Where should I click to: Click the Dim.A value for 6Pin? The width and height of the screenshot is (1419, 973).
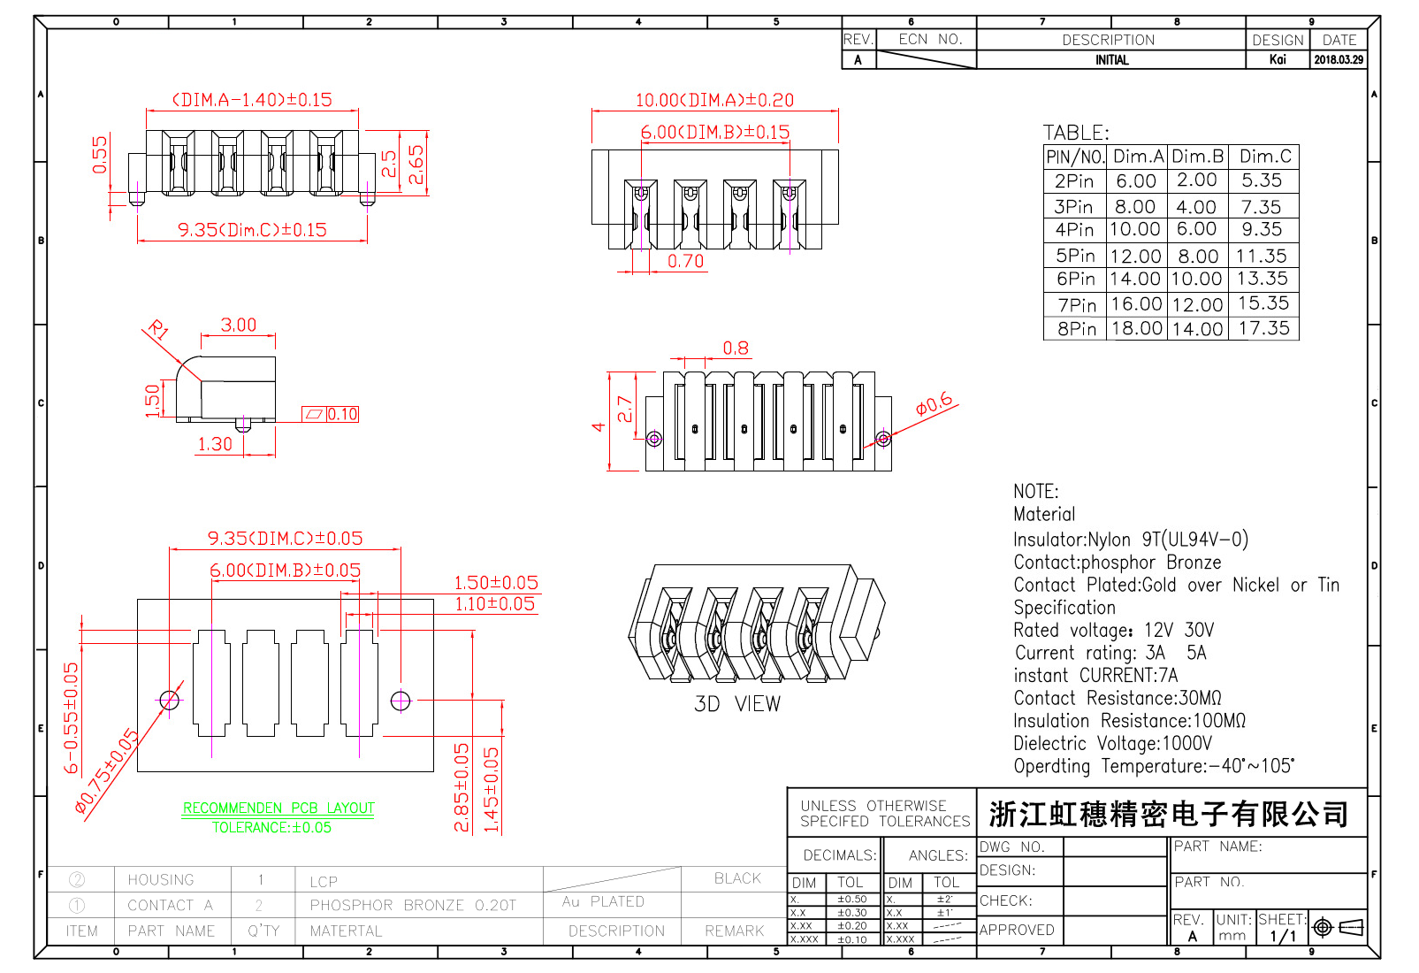1135,280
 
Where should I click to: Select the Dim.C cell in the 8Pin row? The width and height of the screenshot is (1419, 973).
1263,329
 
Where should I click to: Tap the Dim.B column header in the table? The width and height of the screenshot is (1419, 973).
1197,157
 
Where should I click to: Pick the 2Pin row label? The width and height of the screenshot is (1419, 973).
1074,181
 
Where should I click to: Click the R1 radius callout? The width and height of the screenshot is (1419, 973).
158,331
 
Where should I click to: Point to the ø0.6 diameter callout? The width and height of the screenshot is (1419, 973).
934,405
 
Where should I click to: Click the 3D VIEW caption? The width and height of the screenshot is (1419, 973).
736,704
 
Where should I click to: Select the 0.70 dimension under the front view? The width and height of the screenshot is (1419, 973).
685,261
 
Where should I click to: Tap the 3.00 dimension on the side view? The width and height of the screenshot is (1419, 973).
239,325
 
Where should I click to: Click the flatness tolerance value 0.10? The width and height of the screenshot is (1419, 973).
342,414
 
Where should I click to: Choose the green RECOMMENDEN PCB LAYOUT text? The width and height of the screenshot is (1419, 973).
278,808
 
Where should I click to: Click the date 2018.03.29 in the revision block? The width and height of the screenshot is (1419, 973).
1338,60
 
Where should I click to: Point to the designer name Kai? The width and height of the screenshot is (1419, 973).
1277,60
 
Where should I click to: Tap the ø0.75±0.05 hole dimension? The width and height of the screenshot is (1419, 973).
106,770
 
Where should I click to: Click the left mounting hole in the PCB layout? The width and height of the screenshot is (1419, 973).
170,701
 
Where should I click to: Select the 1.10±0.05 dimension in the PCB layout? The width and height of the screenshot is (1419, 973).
494,604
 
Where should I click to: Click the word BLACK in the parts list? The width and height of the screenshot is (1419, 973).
737,878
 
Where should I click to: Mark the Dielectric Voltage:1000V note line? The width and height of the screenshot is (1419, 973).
1112,744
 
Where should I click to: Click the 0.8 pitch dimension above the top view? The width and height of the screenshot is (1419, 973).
736,348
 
